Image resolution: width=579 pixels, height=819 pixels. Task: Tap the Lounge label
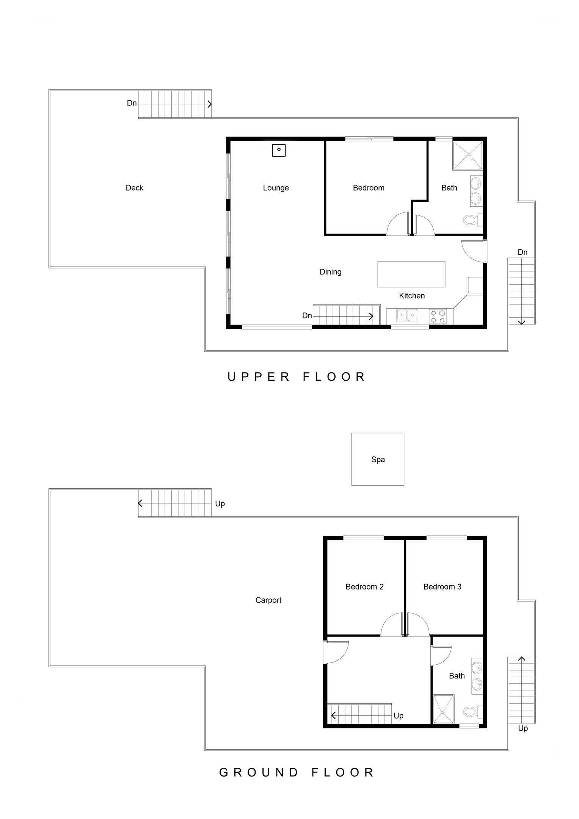[x=276, y=188]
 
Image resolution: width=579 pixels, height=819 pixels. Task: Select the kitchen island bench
[x=411, y=274]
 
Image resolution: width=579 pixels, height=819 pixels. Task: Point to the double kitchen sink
[x=407, y=315]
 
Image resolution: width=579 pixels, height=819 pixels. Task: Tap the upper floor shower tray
[x=468, y=155]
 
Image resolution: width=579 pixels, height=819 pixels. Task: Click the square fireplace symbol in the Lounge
[x=279, y=150]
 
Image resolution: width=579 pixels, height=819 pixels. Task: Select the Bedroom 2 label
[x=364, y=587]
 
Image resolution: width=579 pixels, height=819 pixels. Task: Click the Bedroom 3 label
[x=442, y=587]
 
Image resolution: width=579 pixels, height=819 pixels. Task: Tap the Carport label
[x=268, y=600]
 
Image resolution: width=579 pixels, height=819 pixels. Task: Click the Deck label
[x=135, y=188]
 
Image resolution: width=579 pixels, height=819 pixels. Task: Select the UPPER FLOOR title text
[x=297, y=377]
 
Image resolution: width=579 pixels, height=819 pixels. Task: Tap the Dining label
[x=331, y=272]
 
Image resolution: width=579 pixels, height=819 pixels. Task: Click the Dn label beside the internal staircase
[x=307, y=315]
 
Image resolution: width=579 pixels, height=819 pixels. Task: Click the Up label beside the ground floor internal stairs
[x=399, y=715]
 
